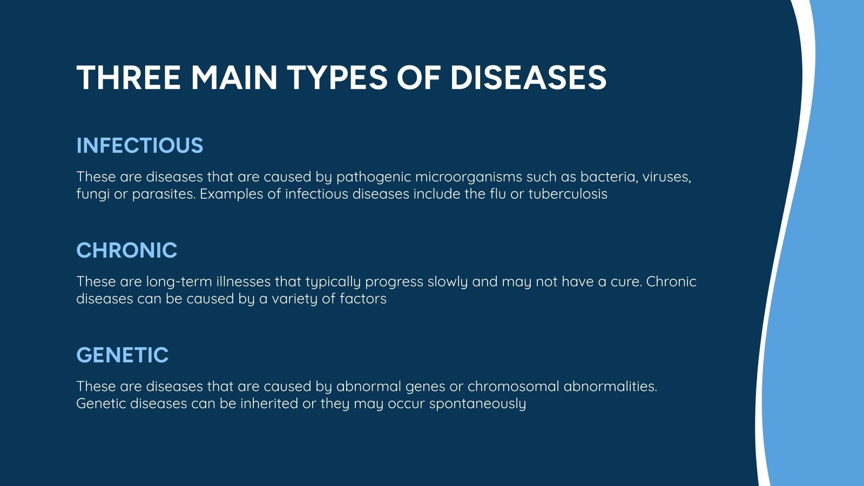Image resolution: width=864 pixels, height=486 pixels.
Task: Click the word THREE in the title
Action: point(129,77)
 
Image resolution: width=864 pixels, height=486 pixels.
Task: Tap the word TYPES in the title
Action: point(337,77)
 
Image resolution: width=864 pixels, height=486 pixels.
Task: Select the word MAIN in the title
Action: point(233,77)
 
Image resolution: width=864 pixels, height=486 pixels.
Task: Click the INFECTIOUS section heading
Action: point(140,146)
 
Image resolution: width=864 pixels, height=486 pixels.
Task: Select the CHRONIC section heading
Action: point(127,251)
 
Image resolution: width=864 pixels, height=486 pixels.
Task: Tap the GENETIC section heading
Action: point(123,355)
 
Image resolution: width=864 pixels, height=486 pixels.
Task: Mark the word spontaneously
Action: point(477,404)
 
